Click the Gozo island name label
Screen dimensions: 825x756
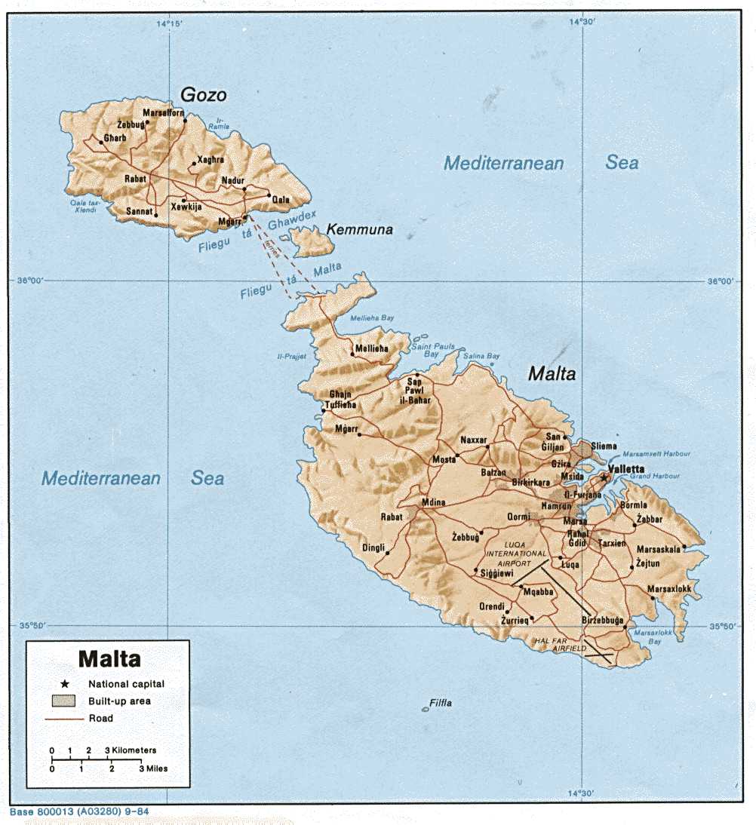(x=203, y=94)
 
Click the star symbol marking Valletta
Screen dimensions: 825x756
(x=604, y=478)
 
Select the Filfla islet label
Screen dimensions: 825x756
(x=440, y=703)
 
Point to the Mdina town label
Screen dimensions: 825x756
(x=433, y=502)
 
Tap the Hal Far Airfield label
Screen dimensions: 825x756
(x=558, y=643)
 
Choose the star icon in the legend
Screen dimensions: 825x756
(x=65, y=684)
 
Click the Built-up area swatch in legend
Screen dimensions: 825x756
(x=64, y=701)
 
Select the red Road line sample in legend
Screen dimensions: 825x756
(x=64, y=719)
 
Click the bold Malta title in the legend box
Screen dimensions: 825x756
(x=109, y=659)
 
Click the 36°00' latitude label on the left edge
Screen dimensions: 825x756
(x=31, y=281)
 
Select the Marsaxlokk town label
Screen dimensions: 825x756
(x=669, y=588)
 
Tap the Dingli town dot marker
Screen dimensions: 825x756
(x=388, y=554)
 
